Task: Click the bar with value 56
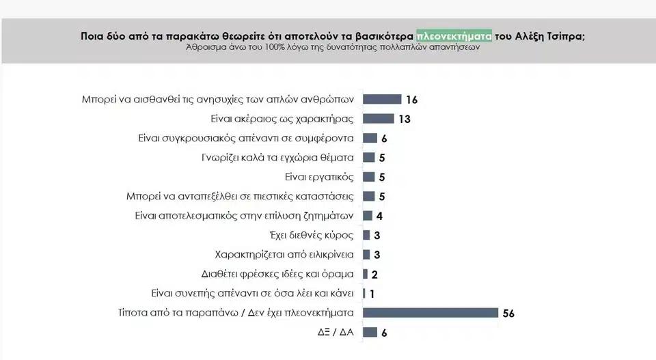(430, 313)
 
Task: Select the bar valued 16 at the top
(381, 99)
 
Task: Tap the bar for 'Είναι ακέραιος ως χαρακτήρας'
(378, 119)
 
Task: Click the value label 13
(404, 120)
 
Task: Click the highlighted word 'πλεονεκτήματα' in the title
(454, 36)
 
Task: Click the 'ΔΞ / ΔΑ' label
(334, 332)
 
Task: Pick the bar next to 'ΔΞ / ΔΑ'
(370, 332)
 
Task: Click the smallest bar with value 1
(364, 294)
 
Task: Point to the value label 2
(374, 275)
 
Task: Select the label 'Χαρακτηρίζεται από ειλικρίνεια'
(284, 255)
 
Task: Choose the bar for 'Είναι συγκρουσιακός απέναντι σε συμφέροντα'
(370, 138)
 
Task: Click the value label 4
(379, 217)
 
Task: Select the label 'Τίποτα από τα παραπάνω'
(236, 313)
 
